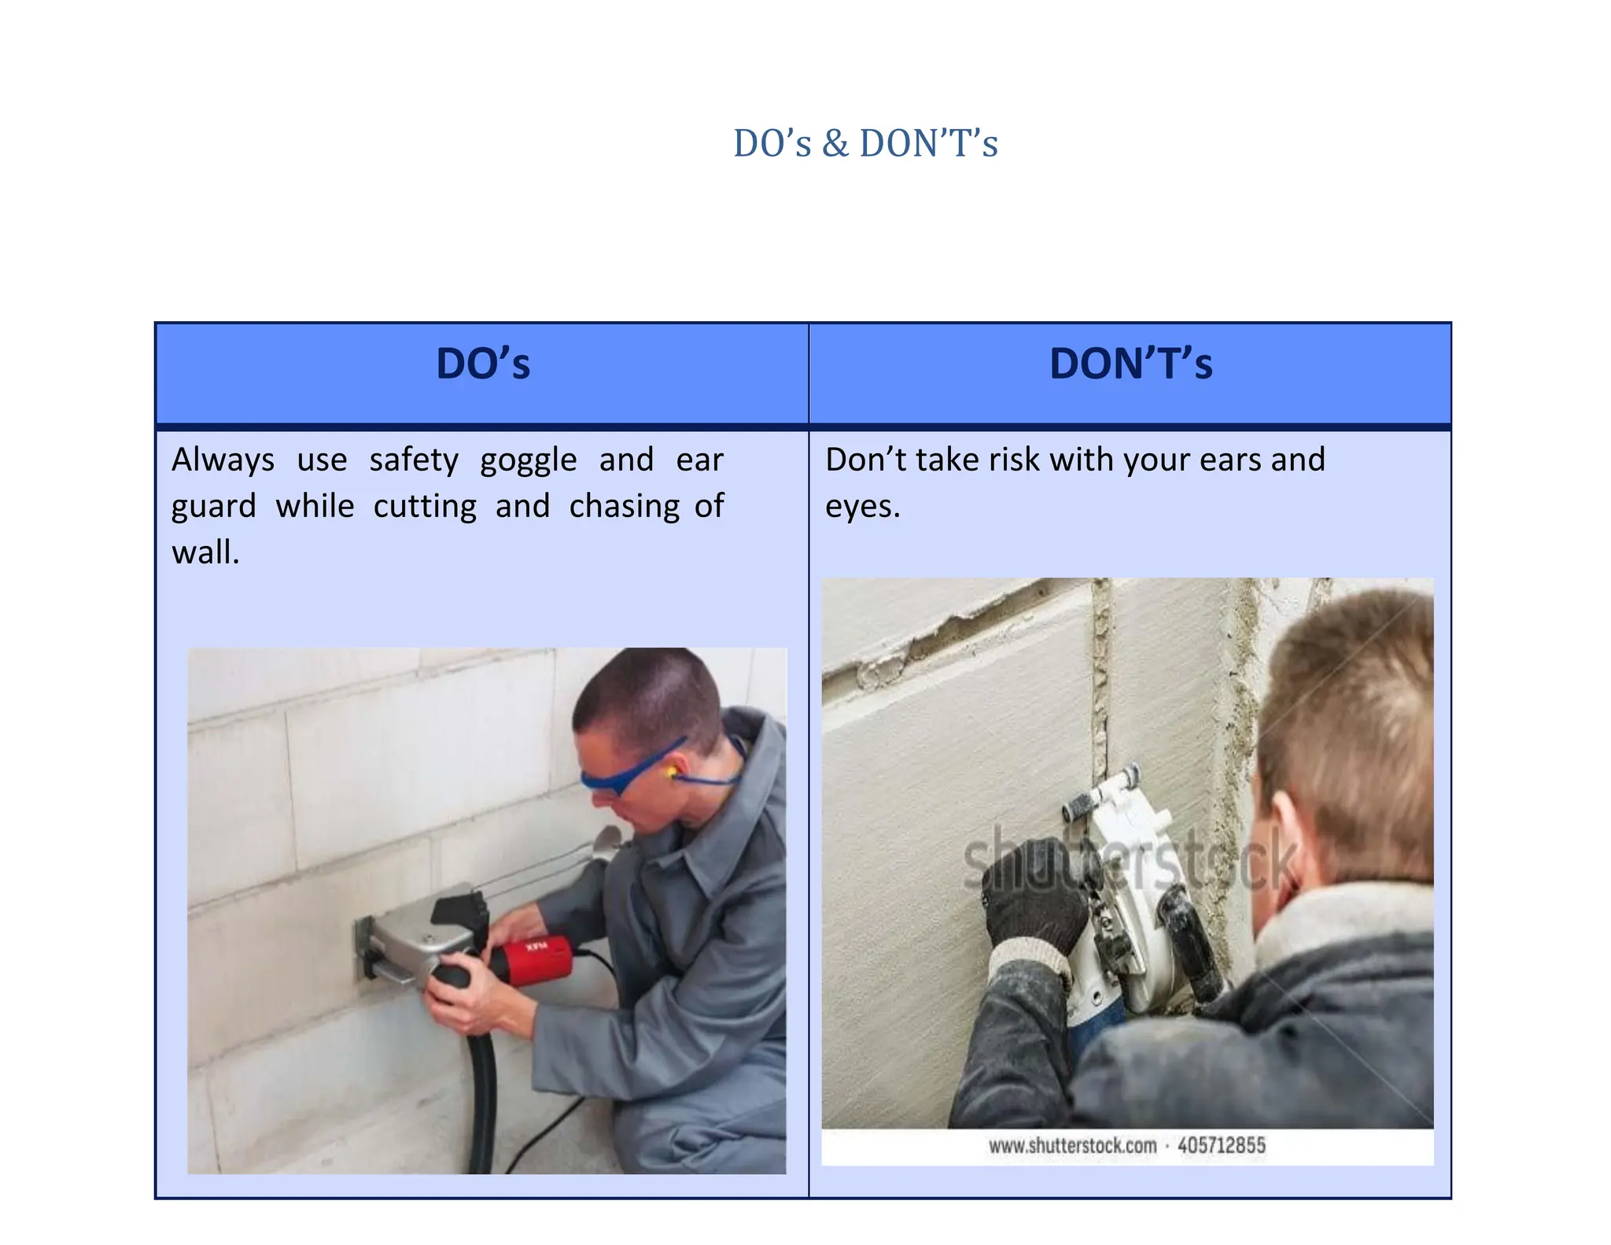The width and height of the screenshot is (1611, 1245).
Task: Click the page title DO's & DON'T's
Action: click(x=865, y=143)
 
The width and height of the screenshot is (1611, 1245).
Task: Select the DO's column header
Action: click(x=483, y=364)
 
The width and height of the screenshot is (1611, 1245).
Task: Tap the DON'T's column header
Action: click(x=1130, y=364)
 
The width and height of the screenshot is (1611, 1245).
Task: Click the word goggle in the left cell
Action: click(x=528, y=460)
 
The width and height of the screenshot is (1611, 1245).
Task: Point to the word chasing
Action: click(x=624, y=507)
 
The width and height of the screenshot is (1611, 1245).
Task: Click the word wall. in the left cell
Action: click(x=205, y=552)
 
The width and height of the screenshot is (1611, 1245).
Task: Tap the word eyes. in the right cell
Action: click(x=862, y=507)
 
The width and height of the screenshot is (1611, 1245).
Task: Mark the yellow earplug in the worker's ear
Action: click(x=671, y=772)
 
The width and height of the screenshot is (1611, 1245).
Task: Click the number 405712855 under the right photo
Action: click(x=1221, y=1146)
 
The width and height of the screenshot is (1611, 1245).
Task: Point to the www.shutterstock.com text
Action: click(x=1072, y=1146)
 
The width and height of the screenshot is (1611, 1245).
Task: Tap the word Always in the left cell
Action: click(x=223, y=460)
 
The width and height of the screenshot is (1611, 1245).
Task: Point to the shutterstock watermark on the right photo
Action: click(x=1129, y=862)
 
